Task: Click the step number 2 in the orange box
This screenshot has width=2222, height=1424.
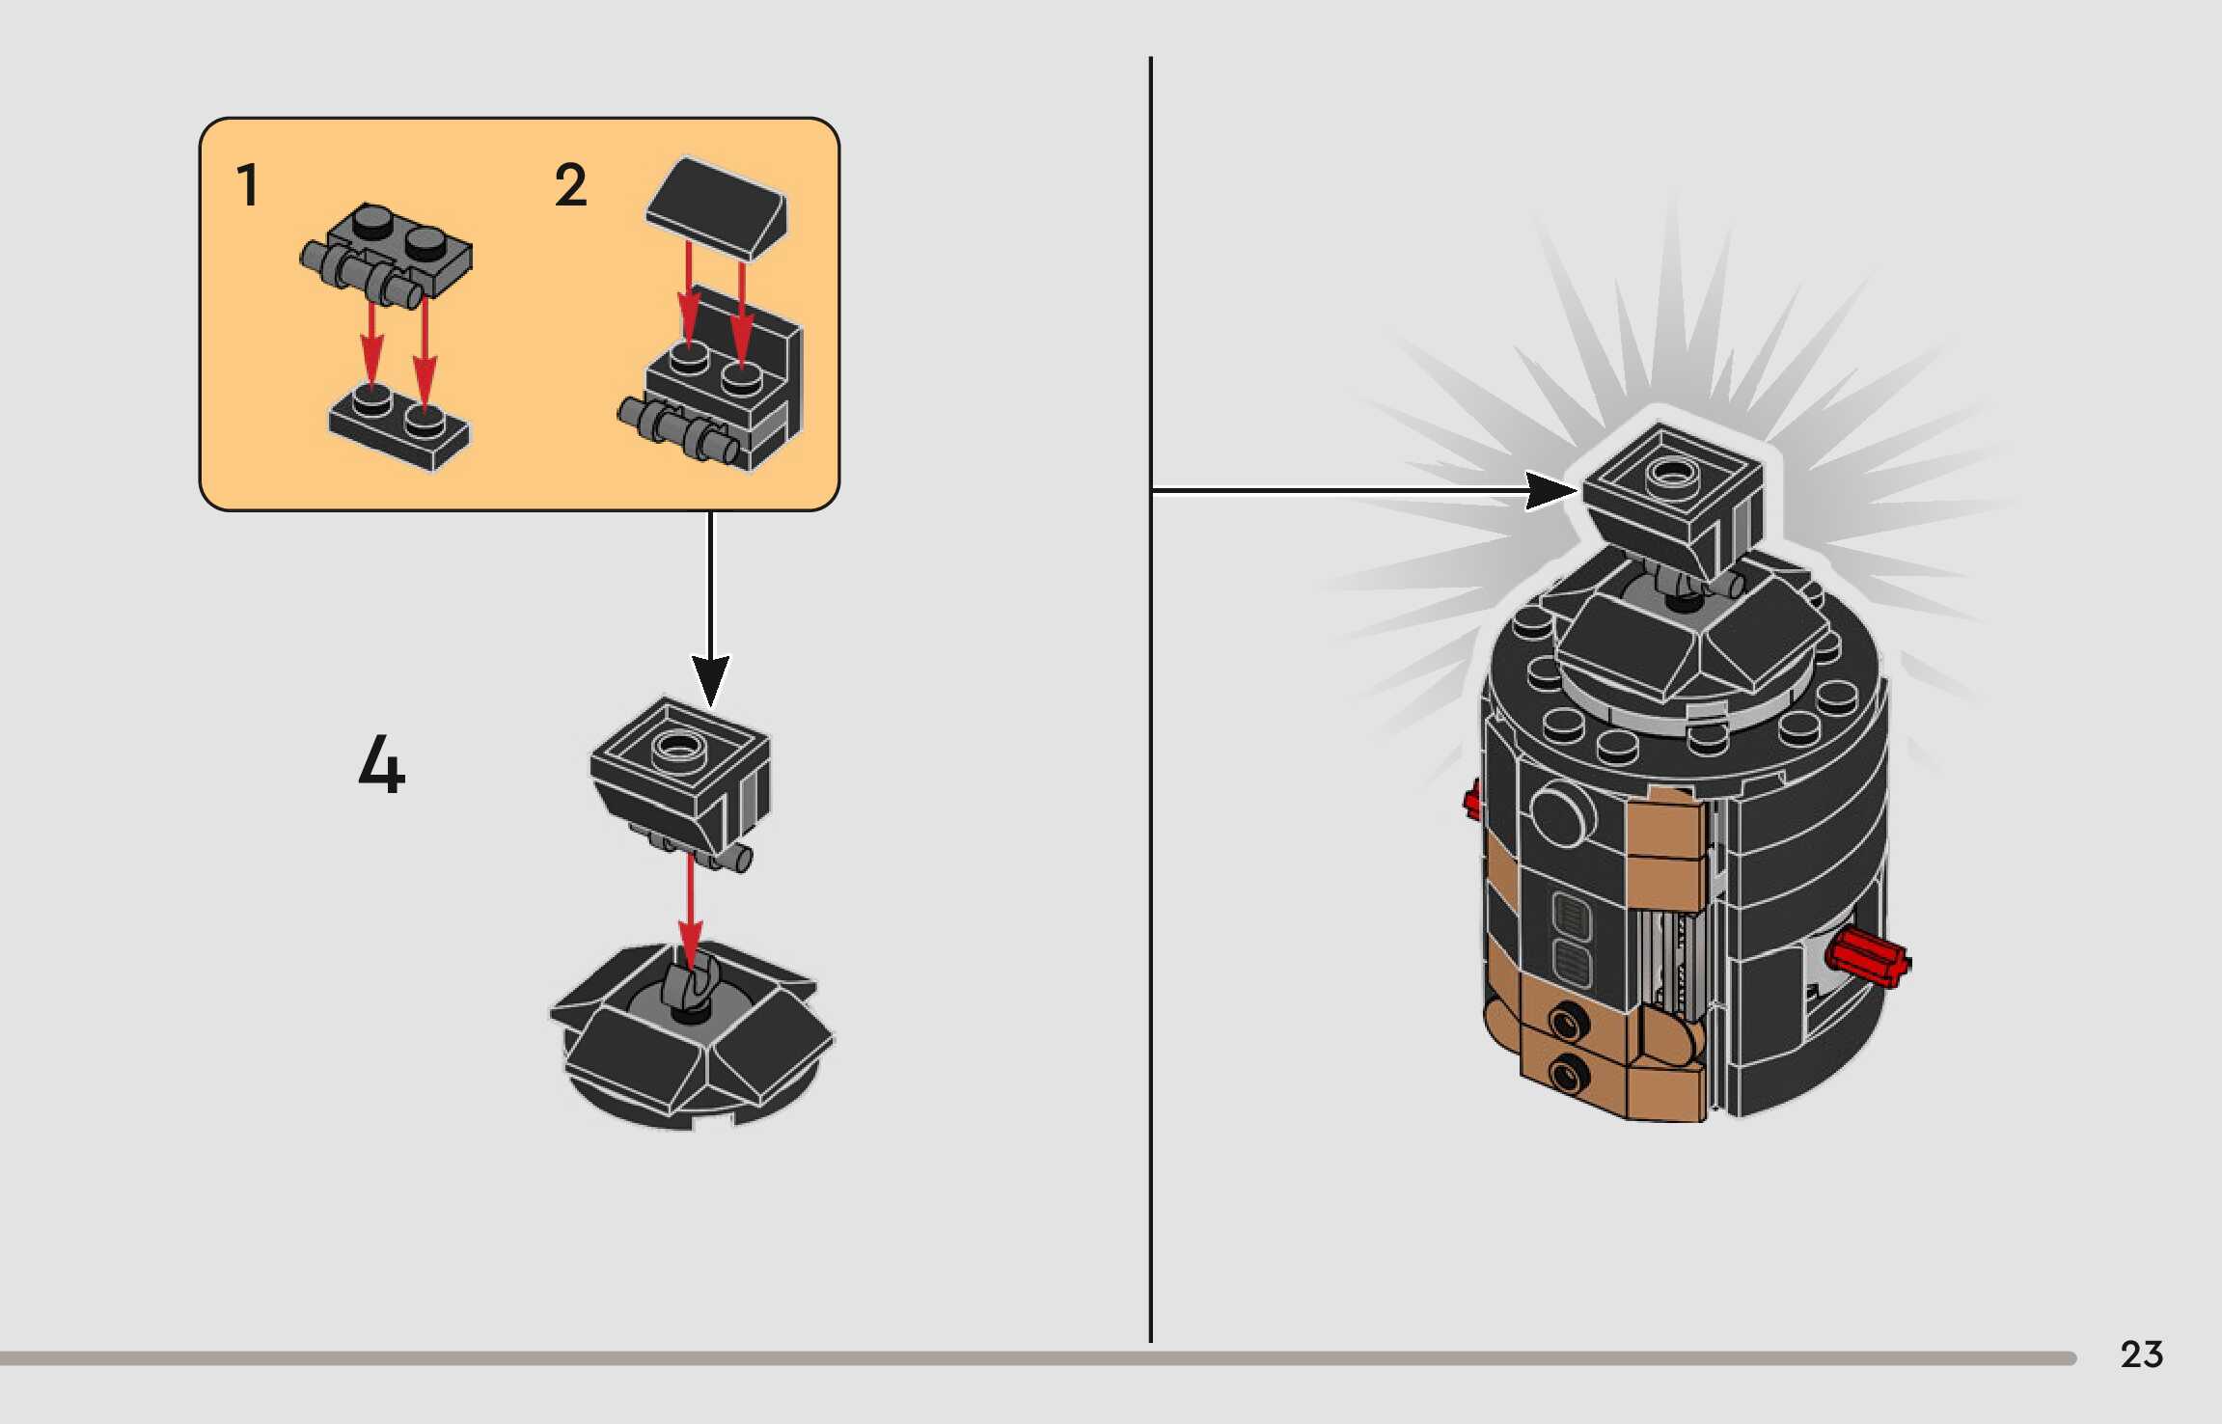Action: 570,185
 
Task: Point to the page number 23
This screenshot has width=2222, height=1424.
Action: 2141,1355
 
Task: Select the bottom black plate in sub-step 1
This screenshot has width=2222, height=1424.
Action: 398,430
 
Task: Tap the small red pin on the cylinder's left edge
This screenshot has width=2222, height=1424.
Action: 1472,801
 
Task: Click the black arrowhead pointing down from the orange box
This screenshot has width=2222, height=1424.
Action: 710,677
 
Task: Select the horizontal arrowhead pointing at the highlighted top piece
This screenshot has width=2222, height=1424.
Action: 1550,490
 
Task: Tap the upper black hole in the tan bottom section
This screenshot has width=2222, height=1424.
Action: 1568,1019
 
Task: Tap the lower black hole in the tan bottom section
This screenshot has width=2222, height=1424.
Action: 1568,1072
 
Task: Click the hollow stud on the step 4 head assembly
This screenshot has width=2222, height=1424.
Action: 678,746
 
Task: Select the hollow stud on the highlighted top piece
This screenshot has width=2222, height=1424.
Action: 1671,473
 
